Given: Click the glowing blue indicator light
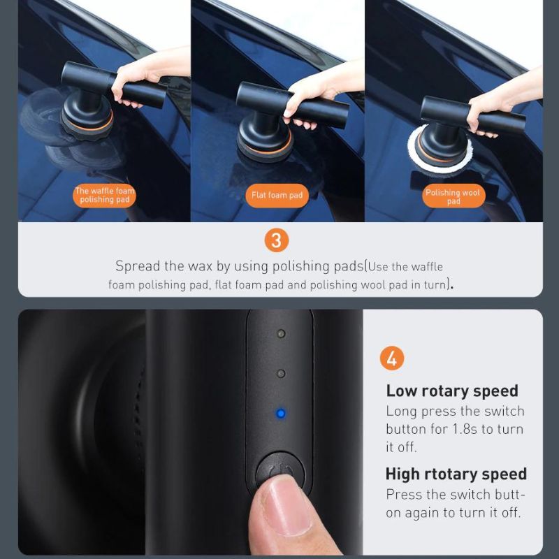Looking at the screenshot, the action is click(281, 414).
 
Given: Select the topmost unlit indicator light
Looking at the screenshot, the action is click(281, 334).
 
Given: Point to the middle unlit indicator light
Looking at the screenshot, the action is click(281, 374).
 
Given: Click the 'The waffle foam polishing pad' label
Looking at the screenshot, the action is click(104, 196).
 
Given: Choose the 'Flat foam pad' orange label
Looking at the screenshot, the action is click(277, 195).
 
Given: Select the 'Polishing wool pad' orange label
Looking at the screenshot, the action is click(453, 196).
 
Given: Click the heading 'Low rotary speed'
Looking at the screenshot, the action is click(452, 391).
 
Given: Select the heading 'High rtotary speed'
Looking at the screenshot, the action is click(456, 474).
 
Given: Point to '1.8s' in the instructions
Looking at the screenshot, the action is click(465, 429).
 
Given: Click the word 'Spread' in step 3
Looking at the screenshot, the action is click(138, 266).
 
